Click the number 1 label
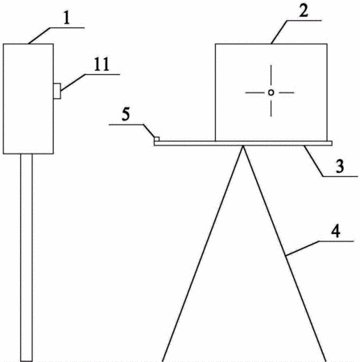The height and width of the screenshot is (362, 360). pos(67,18)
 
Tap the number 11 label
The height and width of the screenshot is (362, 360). pos(101,64)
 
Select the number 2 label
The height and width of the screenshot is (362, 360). pos(304,11)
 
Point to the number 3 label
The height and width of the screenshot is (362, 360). pos(340,167)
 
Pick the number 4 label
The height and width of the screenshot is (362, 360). pos(336,231)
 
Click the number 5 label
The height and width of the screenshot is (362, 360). pos(126,114)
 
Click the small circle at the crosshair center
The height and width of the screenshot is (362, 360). pos(271,93)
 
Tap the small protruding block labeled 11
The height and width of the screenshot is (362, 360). pos(57,91)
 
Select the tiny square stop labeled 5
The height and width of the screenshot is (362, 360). pos(157,139)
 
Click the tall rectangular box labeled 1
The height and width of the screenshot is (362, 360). pos(28,99)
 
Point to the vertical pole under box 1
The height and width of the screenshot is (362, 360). pos(27,257)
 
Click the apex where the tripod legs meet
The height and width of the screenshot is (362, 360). pos(243,146)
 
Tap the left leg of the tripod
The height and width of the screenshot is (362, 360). pos(203,253)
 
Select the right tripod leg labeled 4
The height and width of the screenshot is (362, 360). pos(284,253)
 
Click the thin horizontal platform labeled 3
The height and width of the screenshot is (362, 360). pos(243,143)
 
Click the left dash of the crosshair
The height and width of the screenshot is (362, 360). pos(254,93)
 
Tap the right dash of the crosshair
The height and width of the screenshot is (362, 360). pos(286,93)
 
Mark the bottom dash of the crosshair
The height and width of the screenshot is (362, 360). pos(271,108)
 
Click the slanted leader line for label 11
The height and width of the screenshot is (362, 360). pos(72,83)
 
